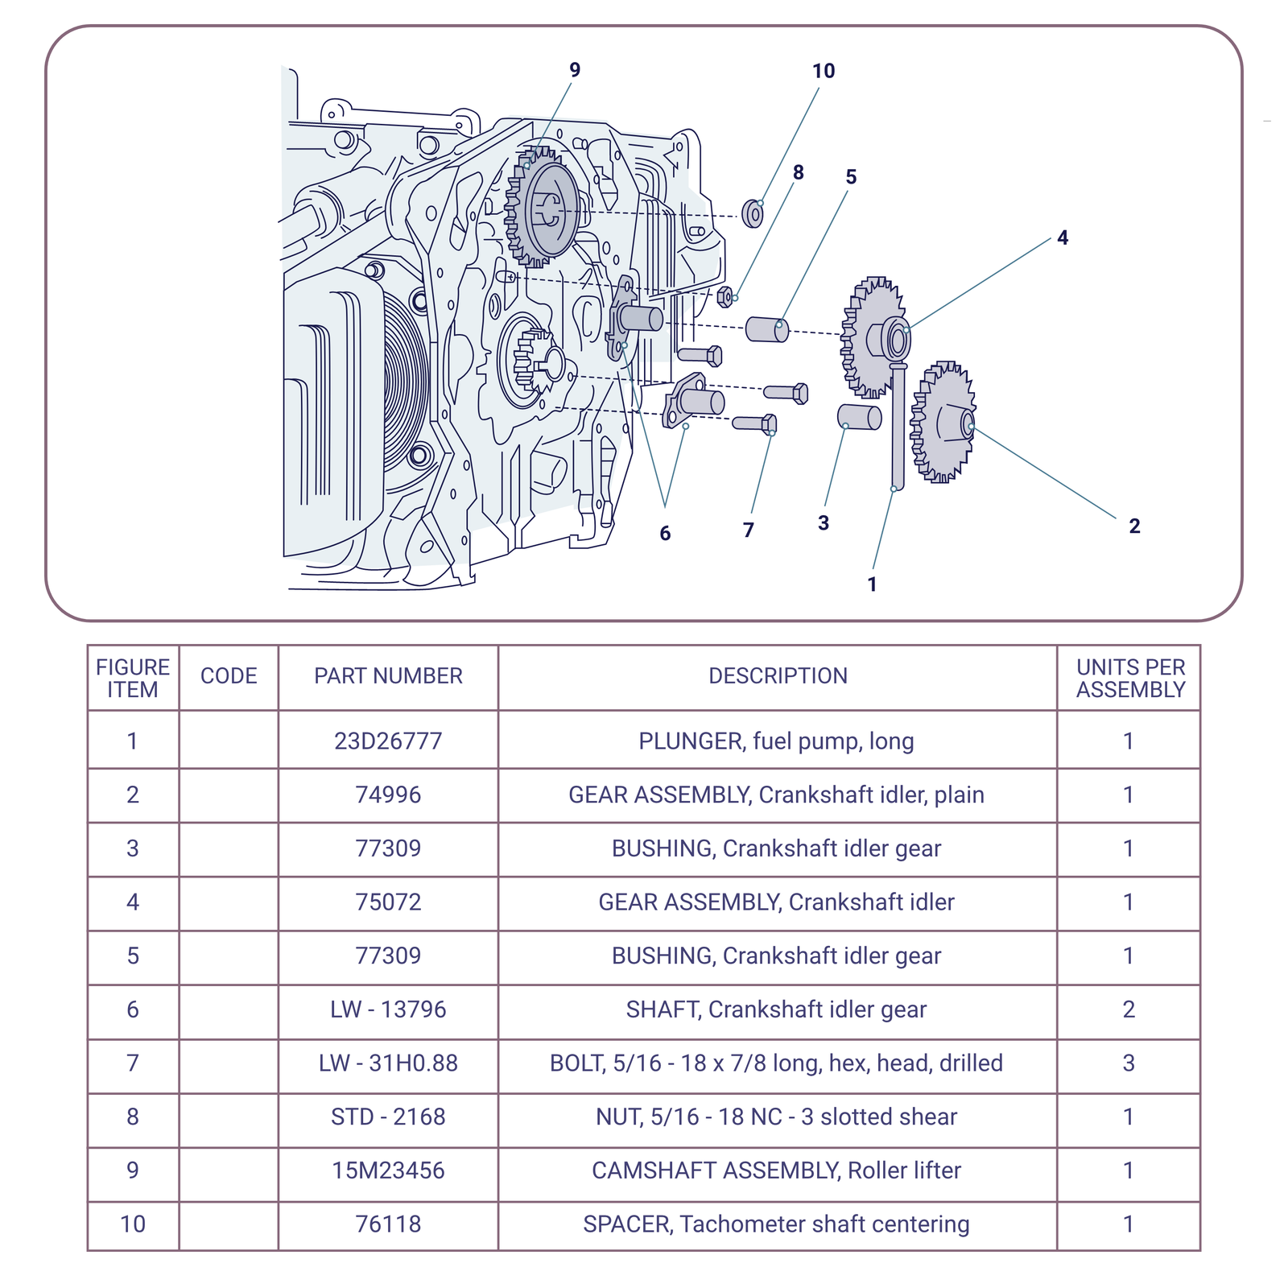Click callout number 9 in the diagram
(x=574, y=70)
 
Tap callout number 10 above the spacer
(x=823, y=71)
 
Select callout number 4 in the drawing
(x=1063, y=237)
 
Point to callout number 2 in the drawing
(x=1134, y=526)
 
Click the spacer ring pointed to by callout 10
(x=753, y=213)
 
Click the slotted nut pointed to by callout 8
(x=724, y=297)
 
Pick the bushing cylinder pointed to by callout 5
(x=766, y=329)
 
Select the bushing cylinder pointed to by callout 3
(x=860, y=417)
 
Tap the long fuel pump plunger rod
(x=898, y=427)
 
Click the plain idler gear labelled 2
(x=942, y=422)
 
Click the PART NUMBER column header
(x=388, y=676)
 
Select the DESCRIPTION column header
(x=778, y=676)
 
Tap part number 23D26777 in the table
(x=388, y=741)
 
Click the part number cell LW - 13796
(x=388, y=1009)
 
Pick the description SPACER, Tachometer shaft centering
(x=776, y=1224)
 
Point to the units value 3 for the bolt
(x=1129, y=1063)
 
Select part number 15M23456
(x=388, y=1170)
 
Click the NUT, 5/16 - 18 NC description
(x=776, y=1117)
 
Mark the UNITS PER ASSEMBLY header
(x=1130, y=678)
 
